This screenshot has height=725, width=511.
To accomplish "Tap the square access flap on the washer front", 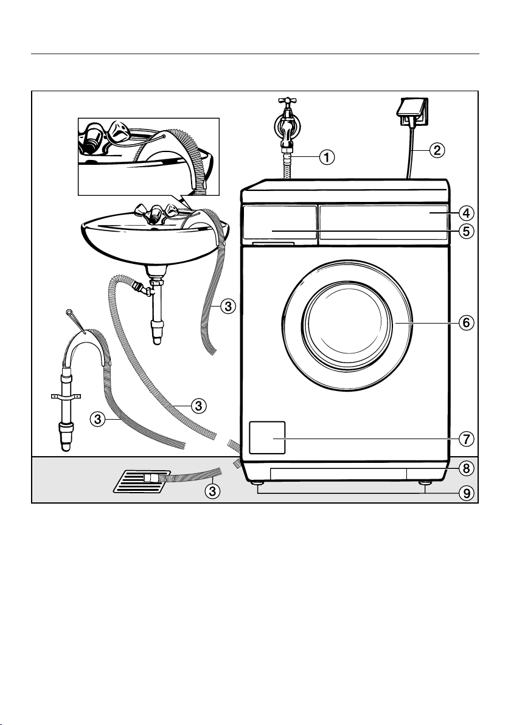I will click(x=267, y=437).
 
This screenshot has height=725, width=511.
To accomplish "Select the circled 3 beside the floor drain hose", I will click(x=212, y=490).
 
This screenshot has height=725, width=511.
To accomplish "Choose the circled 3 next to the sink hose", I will click(x=227, y=307).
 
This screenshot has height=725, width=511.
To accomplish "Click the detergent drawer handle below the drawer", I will click(x=274, y=244).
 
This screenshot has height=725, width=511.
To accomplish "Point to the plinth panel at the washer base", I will click(x=338, y=474).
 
